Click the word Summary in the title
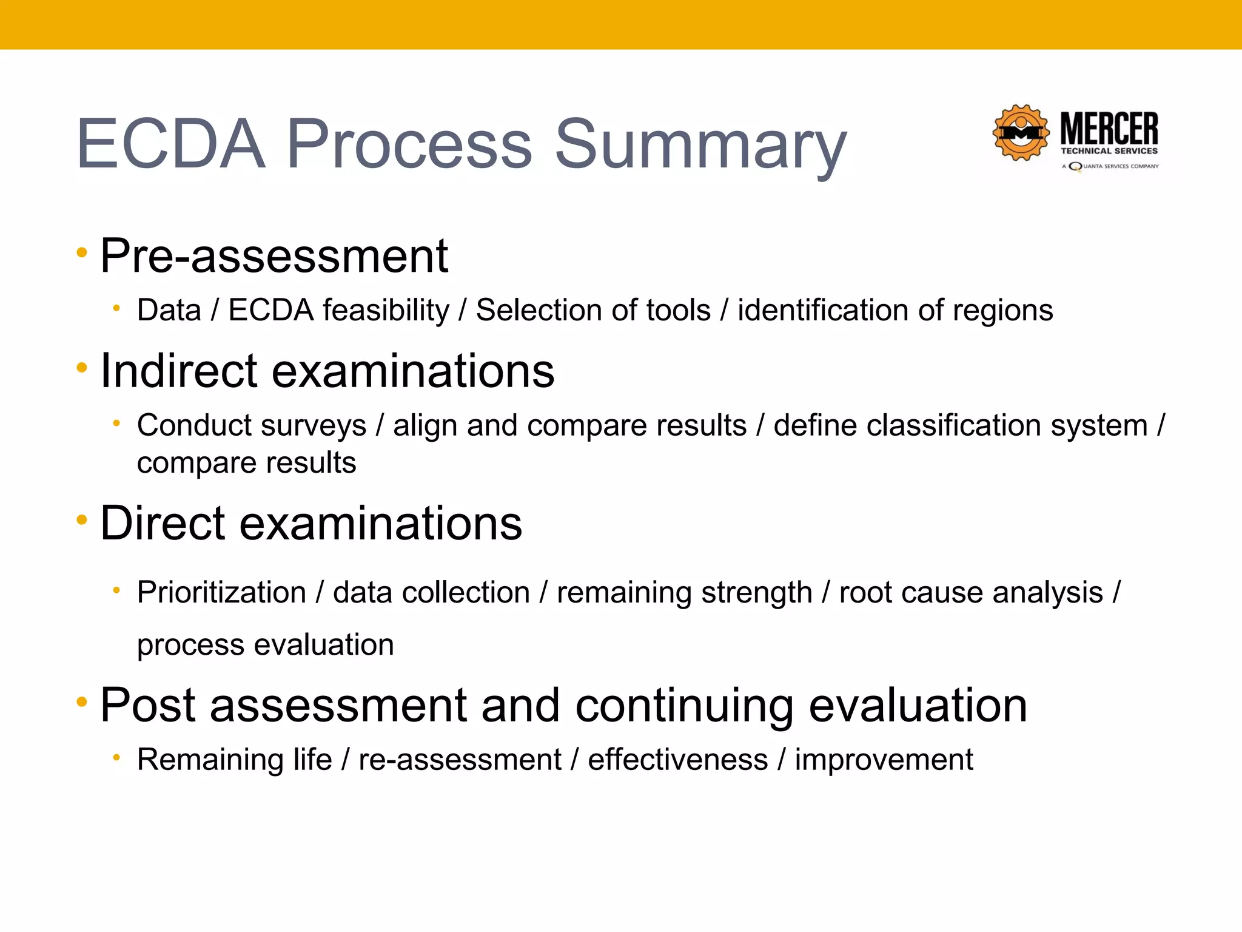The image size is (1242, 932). coord(700,146)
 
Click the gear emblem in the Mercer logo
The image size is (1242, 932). coord(1021,132)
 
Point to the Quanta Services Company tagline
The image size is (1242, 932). coord(1110,166)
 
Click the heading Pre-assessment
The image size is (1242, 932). coord(274,256)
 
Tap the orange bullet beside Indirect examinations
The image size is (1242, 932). coord(82,367)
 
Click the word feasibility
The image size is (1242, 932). coord(386,311)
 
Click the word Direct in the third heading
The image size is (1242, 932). coord(163,523)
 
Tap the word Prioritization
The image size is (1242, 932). coord(221,592)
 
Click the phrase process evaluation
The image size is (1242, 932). coord(265,644)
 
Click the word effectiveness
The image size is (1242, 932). coord(677,760)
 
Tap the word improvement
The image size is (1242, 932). coord(884,760)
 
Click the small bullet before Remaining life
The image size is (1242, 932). coord(116,757)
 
